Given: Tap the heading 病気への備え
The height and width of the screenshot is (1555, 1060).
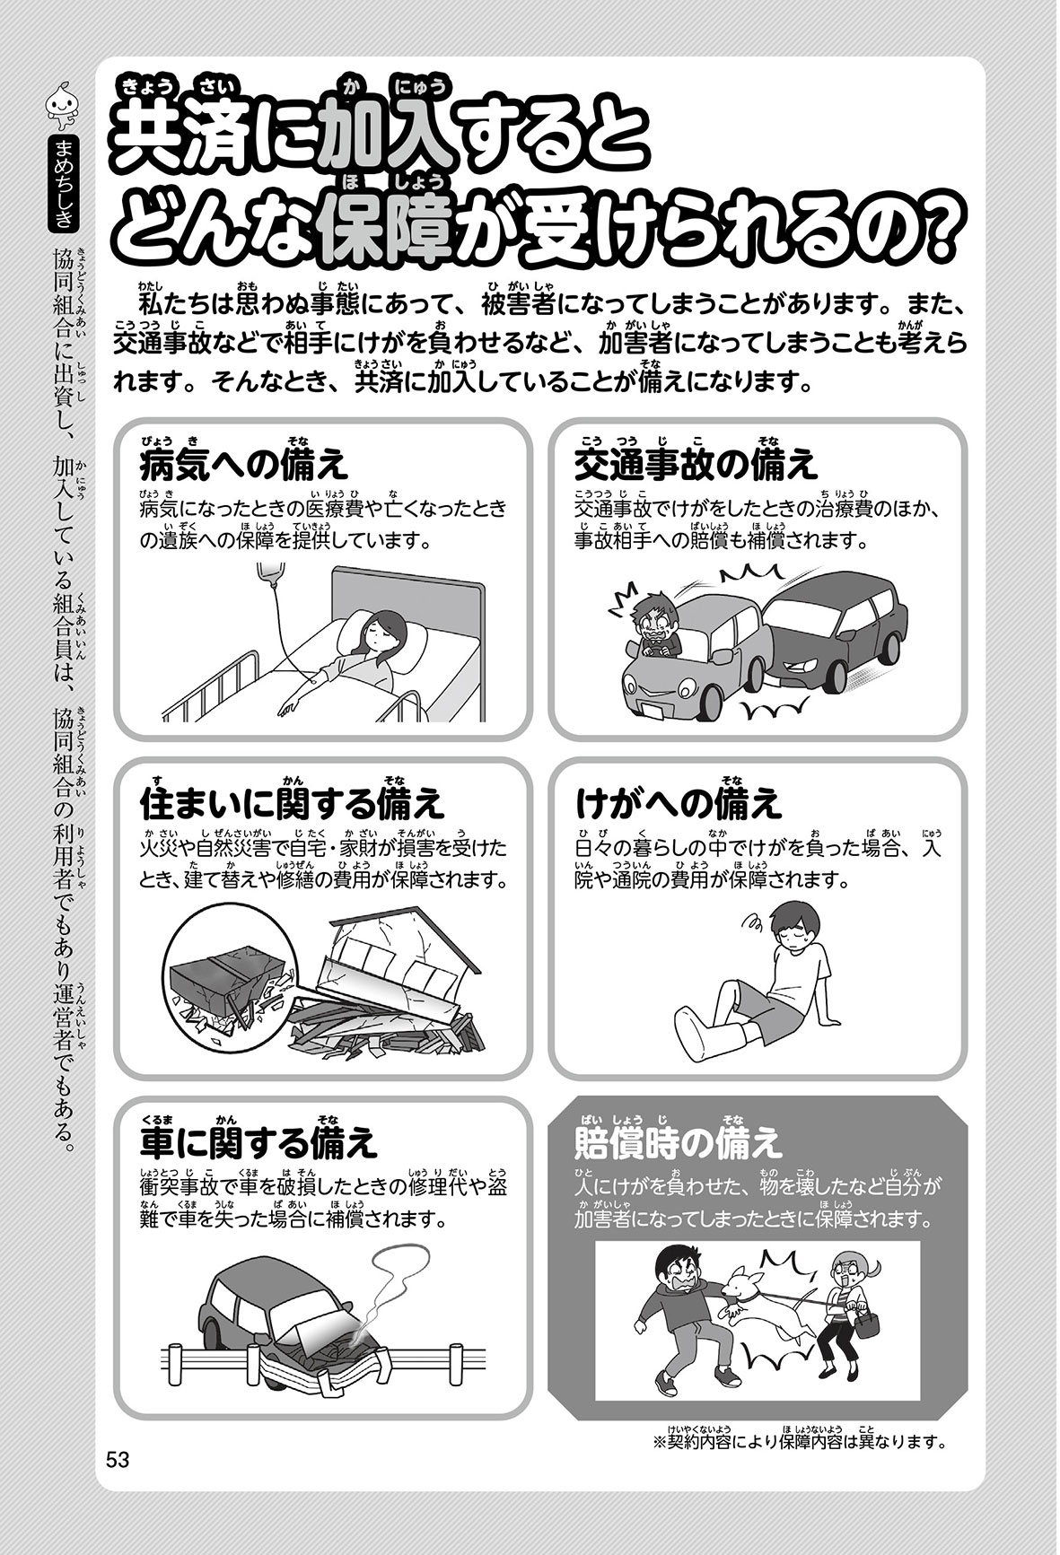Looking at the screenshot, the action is point(243,466).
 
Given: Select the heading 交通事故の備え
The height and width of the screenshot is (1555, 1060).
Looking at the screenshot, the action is point(696,466).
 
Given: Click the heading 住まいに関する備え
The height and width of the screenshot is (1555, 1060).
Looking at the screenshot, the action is point(293,804).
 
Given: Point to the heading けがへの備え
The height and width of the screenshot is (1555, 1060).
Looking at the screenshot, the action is point(678,804).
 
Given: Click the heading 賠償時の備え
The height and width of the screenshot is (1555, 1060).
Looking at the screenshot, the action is point(678,1141).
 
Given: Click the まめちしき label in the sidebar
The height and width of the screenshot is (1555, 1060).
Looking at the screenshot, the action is point(62,180).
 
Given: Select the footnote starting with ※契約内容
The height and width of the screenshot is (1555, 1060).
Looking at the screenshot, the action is point(802,1441).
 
